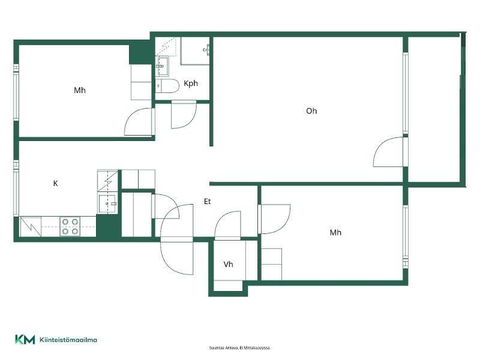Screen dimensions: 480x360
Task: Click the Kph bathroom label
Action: (x=191, y=83)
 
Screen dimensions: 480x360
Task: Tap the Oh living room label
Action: (x=311, y=111)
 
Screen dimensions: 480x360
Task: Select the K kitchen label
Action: (x=55, y=184)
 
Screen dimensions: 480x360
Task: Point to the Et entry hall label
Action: (x=207, y=202)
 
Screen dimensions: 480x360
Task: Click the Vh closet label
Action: (x=228, y=264)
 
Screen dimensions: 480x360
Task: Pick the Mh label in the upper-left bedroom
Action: (x=80, y=91)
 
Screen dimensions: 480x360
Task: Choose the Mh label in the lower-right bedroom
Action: (x=335, y=233)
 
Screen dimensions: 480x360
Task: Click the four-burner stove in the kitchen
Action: (x=70, y=227)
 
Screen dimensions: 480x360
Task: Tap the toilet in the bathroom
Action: (x=167, y=86)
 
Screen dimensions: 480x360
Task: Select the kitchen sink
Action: (x=107, y=203)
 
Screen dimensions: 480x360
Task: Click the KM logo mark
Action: (x=25, y=340)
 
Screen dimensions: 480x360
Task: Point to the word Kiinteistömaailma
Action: (x=68, y=340)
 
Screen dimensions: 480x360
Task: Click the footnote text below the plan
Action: (x=239, y=348)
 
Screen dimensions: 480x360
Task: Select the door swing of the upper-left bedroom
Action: (x=138, y=122)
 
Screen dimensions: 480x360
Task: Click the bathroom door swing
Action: (x=184, y=115)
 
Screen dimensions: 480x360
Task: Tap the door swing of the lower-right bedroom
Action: (x=275, y=219)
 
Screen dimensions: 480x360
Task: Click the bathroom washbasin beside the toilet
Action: (x=161, y=66)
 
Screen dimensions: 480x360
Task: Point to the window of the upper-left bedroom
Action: (x=16, y=92)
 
